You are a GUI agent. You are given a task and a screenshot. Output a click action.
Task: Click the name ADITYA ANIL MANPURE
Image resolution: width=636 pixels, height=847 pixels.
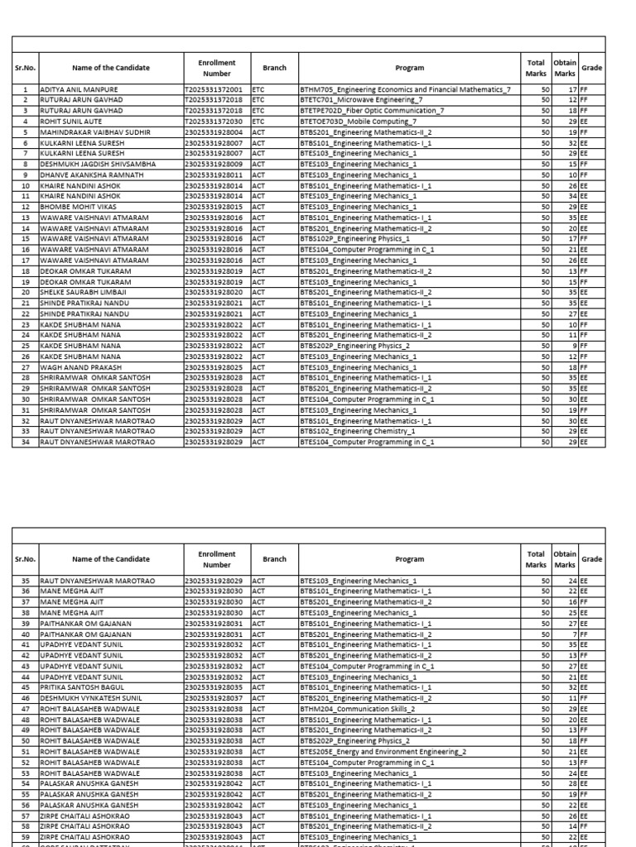click(x=79, y=89)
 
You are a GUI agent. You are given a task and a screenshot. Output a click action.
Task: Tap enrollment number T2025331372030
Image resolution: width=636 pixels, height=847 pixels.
click(x=214, y=121)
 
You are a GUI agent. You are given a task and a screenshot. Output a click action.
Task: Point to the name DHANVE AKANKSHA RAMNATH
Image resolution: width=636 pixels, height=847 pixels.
click(x=86, y=175)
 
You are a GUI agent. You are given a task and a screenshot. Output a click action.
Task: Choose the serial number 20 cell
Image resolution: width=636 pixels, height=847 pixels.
click(x=26, y=292)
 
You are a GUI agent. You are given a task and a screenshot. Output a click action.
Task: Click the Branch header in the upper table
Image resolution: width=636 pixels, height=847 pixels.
click(x=274, y=68)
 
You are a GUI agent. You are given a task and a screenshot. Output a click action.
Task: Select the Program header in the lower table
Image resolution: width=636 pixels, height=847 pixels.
click(x=409, y=559)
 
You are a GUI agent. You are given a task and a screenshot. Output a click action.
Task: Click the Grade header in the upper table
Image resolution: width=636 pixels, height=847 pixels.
click(x=591, y=68)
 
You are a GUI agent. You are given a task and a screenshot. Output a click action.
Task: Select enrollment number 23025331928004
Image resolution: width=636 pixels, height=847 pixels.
click(x=214, y=132)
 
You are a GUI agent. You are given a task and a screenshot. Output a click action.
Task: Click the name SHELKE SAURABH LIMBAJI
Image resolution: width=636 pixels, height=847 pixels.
click(x=83, y=292)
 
